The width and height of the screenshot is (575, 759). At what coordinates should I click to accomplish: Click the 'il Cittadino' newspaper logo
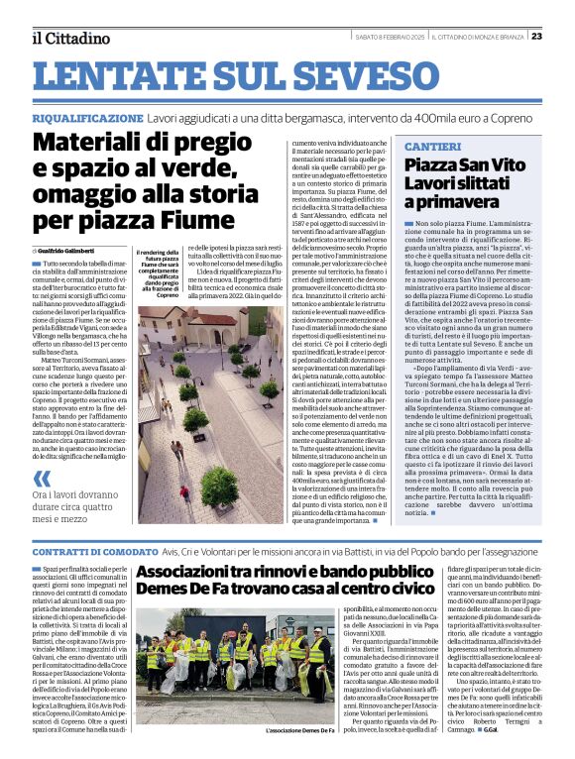tap(69, 38)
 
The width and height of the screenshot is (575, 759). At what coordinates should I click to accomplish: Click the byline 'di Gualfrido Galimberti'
tap(67, 251)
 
